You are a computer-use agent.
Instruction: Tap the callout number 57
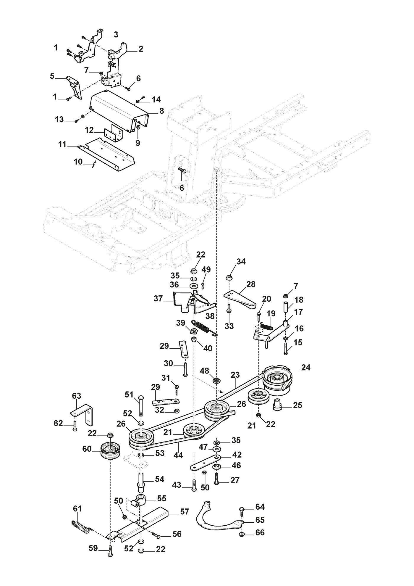185,511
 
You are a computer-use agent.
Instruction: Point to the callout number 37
159,299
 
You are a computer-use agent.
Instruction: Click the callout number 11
62,145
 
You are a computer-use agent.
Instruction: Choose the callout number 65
260,520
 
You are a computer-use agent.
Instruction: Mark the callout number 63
76,396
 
